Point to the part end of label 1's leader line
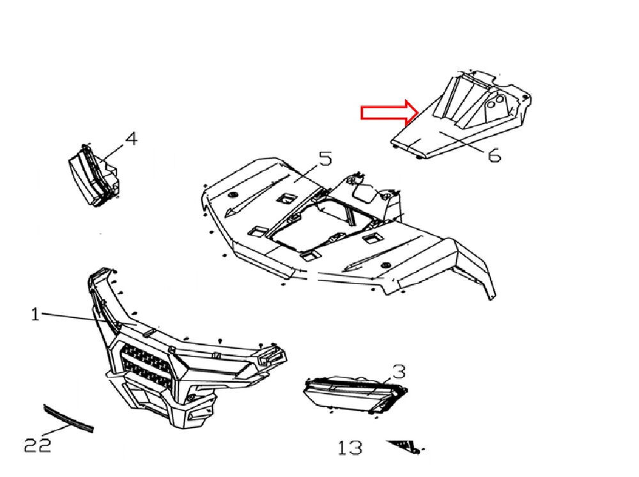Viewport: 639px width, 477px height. tap(137, 325)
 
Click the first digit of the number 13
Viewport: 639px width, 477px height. tap(343, 448)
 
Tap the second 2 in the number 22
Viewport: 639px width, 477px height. tap(44, 445)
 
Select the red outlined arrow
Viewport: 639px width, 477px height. tap(390, 112)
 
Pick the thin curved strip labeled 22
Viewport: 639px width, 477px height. tap(68, 418)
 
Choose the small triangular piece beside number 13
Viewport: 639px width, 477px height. tap(406, 446)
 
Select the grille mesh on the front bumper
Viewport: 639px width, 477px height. tap(145, 365)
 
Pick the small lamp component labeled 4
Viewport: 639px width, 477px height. tap(94, 175)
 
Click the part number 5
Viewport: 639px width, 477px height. tap(325, 158)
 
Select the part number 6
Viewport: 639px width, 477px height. tap(494, 155)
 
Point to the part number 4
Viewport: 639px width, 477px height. tap(131, 139)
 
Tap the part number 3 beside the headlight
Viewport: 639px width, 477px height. tap(399, 372)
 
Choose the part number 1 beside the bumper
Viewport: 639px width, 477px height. tap(35, 314)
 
